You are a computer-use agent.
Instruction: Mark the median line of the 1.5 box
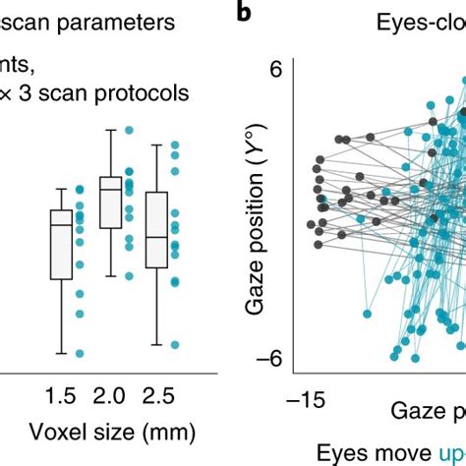pos(62,225)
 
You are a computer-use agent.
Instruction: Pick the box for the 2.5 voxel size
pos(155,229)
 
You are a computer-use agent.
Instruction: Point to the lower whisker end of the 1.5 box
pos(62,352)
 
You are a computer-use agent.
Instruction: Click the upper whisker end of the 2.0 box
pos(111,130)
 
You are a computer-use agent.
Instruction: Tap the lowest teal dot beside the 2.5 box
pos(175,344)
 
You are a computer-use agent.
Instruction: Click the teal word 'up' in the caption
pos(436,452)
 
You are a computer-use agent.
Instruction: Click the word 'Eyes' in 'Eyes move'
pos(338,452)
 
